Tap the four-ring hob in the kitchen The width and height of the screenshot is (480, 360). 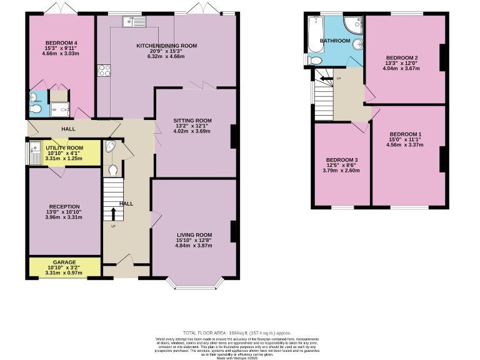(104, 71)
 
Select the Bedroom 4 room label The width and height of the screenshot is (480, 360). (61, 42)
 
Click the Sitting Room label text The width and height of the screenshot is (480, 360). (192, 120)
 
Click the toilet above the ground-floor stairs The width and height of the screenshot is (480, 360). (113, 170)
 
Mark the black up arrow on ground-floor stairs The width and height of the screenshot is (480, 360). (113, 214)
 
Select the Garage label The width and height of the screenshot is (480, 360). (64, 262)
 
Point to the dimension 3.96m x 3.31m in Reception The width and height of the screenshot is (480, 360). (66, 217)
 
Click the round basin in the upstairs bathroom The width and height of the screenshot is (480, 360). (358, 45)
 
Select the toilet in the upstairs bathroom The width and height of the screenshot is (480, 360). (315, 61)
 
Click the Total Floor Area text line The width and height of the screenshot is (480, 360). (237, 332)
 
